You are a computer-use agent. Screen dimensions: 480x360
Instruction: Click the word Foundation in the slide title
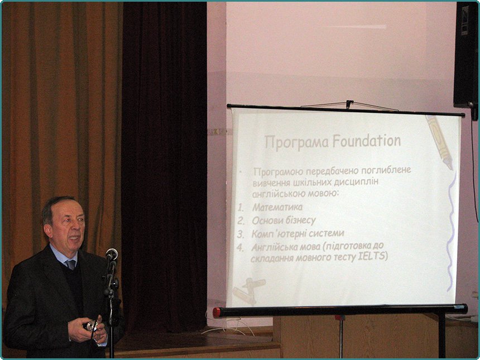[x=367, y=141]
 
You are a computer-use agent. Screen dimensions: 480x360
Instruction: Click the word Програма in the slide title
[x=296, y=142]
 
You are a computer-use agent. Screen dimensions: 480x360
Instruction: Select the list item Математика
[x=277, y=207]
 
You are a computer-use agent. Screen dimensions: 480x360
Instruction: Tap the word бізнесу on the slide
[x=296, y=220]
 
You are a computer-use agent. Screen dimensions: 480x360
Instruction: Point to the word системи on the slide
[x=327, y=233]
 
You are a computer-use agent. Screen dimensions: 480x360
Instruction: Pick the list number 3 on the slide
[x=241, y=234]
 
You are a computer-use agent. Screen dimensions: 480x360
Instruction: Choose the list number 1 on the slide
[x=241, y=208]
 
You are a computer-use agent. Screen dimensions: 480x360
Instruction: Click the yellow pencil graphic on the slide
[x=439, y=142]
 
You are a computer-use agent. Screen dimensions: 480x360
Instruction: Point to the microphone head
[x=112, y=254]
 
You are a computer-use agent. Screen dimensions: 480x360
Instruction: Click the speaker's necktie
[x=71, y=265]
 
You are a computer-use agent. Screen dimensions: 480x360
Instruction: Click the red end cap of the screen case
[x=217, y=313]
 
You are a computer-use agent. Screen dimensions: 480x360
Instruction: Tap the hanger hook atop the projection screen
[x=349, y=104]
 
